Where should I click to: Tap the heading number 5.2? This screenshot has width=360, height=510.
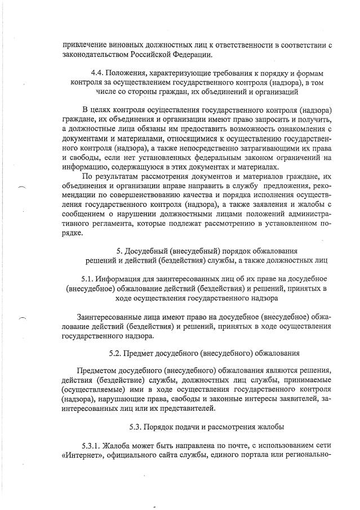tap(117, 354)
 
